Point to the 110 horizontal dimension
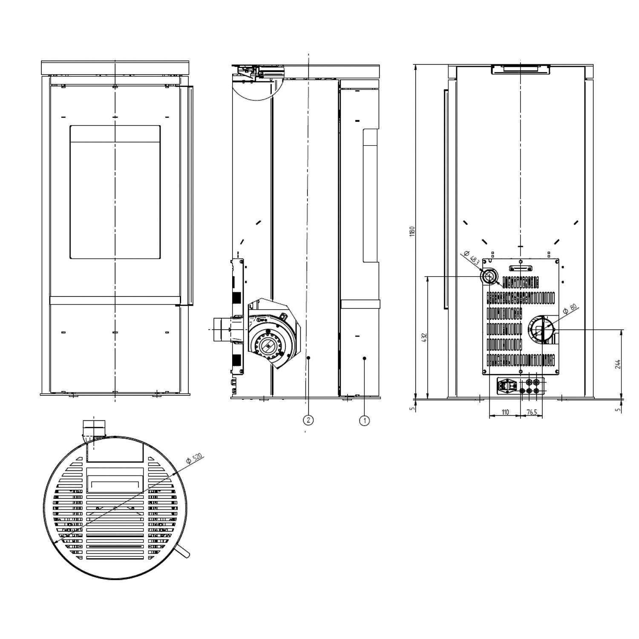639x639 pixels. (505, 412)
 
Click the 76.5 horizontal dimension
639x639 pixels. (532, 412)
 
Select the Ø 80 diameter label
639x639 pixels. (570, 309)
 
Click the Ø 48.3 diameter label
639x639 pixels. (472, 258)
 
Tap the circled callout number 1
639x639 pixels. (364, 420)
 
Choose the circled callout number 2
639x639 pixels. (308, 420)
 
